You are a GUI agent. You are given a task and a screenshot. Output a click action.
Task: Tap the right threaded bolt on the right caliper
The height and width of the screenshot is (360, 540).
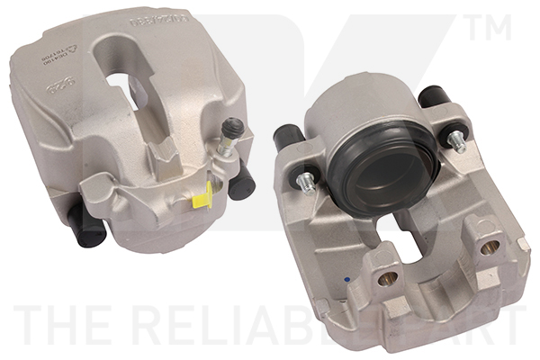click(x=458, y=139)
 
